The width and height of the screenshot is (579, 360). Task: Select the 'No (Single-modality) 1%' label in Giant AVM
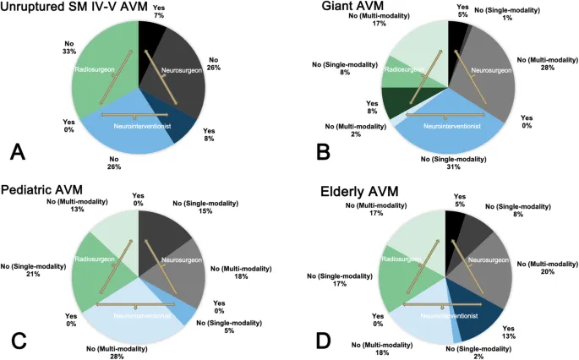coord(524,14)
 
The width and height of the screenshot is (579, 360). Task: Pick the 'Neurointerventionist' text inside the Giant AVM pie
coord(451,126)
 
